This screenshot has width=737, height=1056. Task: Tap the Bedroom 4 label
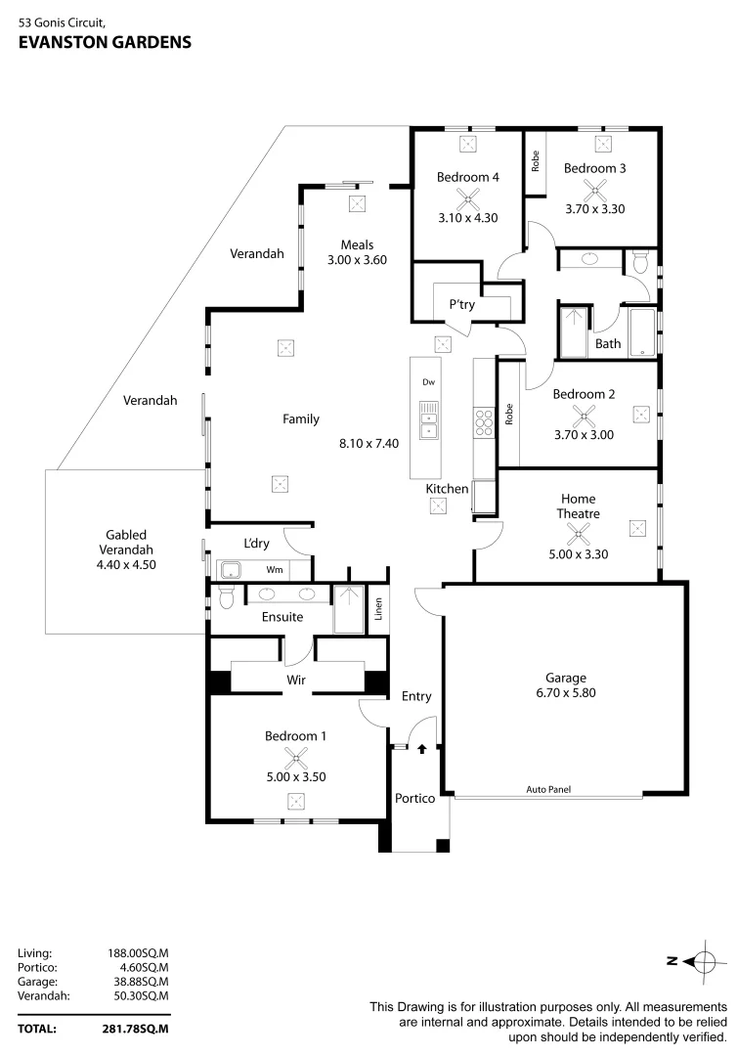coord(467,177)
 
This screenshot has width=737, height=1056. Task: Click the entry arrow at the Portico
coord(422,750)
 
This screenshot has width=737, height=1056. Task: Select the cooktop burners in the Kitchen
coord(483,421)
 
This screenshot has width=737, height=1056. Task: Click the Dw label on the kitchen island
coord(427,382)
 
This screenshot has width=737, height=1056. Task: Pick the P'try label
coord(462,304)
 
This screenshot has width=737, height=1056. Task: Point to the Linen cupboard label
coord(378,609)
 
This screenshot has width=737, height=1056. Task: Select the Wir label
coord(297,679)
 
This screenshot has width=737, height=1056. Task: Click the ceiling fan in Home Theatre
coord(579,532)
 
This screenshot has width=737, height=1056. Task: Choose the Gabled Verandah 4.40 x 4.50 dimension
coord(126,564)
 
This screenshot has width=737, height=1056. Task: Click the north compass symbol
coord(701,960)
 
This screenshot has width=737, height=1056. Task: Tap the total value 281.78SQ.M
coord(136,1029)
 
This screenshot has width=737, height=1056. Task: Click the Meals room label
coord(357,244)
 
